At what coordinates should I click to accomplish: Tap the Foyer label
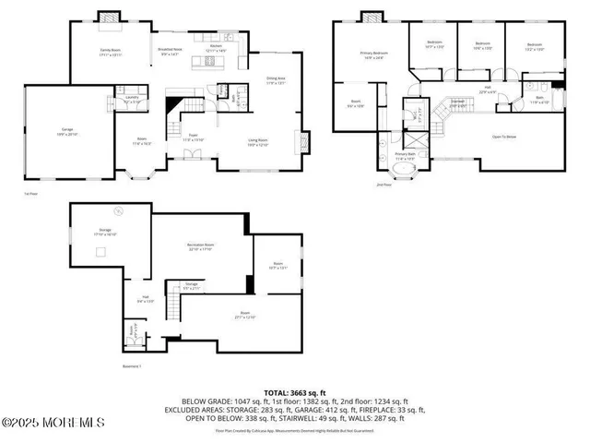tap(195, 137)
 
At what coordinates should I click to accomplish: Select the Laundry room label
tap(132, 99)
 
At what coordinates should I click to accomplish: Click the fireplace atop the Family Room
tap(110, 16)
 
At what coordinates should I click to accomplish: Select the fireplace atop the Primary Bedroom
tap(372, 16)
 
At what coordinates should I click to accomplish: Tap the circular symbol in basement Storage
tap(117, 209)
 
